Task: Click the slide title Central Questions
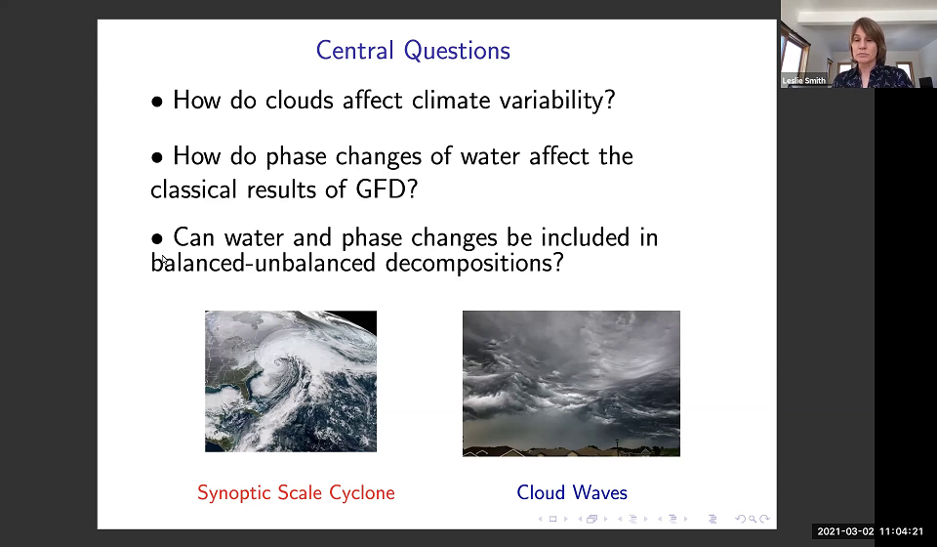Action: pyautogui.click(x=413, y=51)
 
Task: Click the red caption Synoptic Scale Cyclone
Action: pyautogui.click(x=296, y=492)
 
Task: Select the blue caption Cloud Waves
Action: pyautogui.click(x=572, y=492)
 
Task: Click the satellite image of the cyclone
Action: pyautogui.click(x=290, y=381)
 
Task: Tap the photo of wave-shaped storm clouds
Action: pyautogui.click(x=571, y=383)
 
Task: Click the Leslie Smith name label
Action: pyautogui.click(x=804, y=80)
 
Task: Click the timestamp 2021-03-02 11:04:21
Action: pyautogui.click(x=870, y=531)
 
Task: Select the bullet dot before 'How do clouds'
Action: pyautogui.click(x=157, y=102)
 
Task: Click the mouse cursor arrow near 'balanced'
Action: pyautogui.click(x=164, y=260)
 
